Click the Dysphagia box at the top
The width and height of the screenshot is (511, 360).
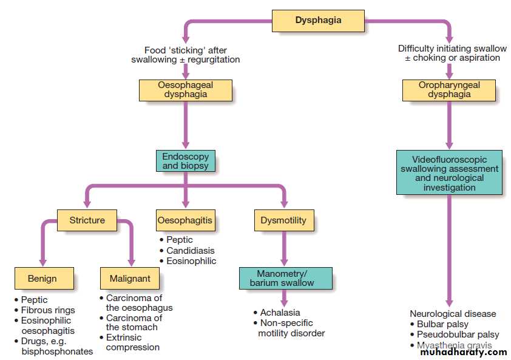[318, 21]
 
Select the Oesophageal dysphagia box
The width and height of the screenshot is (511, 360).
[185, 90]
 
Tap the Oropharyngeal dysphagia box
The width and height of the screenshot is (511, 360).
[449, 90]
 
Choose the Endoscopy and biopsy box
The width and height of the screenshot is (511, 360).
[185, 161]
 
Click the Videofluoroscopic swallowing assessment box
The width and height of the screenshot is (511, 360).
[449, 172]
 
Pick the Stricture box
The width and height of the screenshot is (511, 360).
[87, 220]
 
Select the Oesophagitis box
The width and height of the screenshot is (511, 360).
[185, 220]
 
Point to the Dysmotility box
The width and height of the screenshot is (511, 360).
[284, 220]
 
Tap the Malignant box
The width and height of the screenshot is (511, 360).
[130, 279]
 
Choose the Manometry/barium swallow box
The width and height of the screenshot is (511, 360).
[285, 278]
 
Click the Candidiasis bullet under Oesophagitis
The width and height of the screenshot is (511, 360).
[190, 251]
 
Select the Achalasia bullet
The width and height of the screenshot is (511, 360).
[280, 313]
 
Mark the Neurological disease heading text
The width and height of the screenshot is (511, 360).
[453, 314]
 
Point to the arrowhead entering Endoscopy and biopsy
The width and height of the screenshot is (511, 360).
[185, 146]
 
